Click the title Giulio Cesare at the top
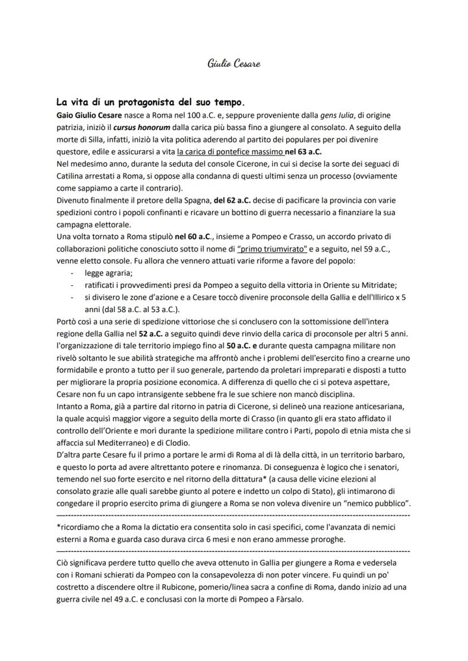(x=233, y=63)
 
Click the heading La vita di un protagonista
(x=150, y=103)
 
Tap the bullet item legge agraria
(x=105, y=273)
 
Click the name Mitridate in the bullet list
(x=377, y=285)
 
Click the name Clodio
(x=168, y=443)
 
